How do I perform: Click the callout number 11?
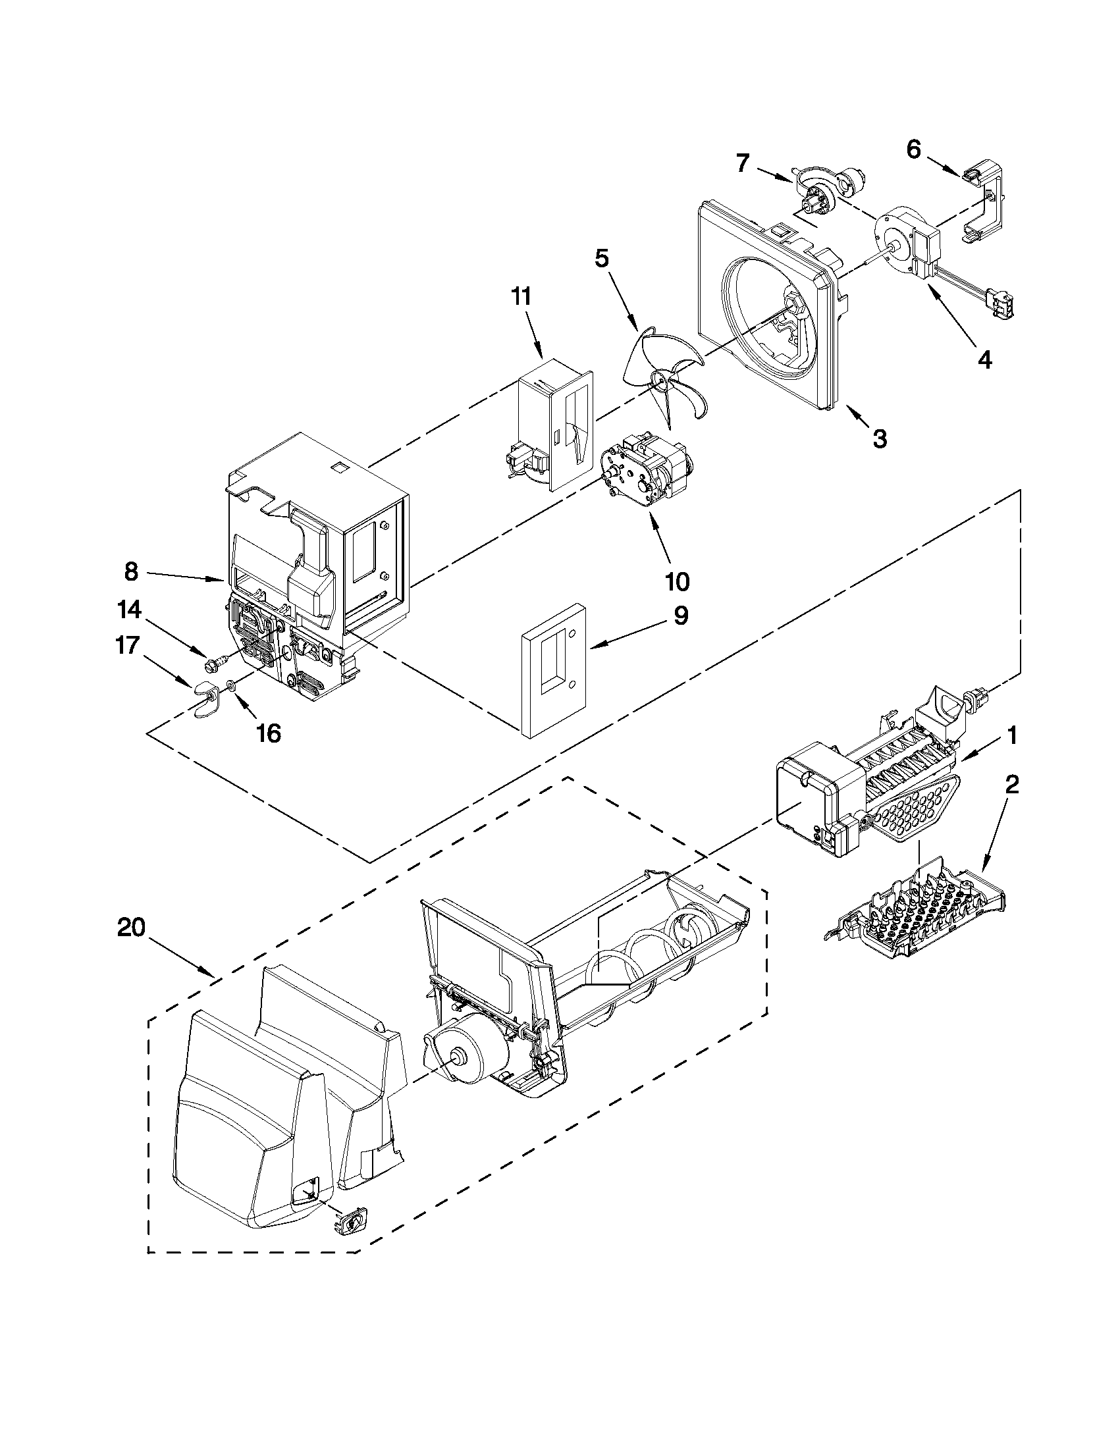point(521,296)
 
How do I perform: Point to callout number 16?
point(268,733)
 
